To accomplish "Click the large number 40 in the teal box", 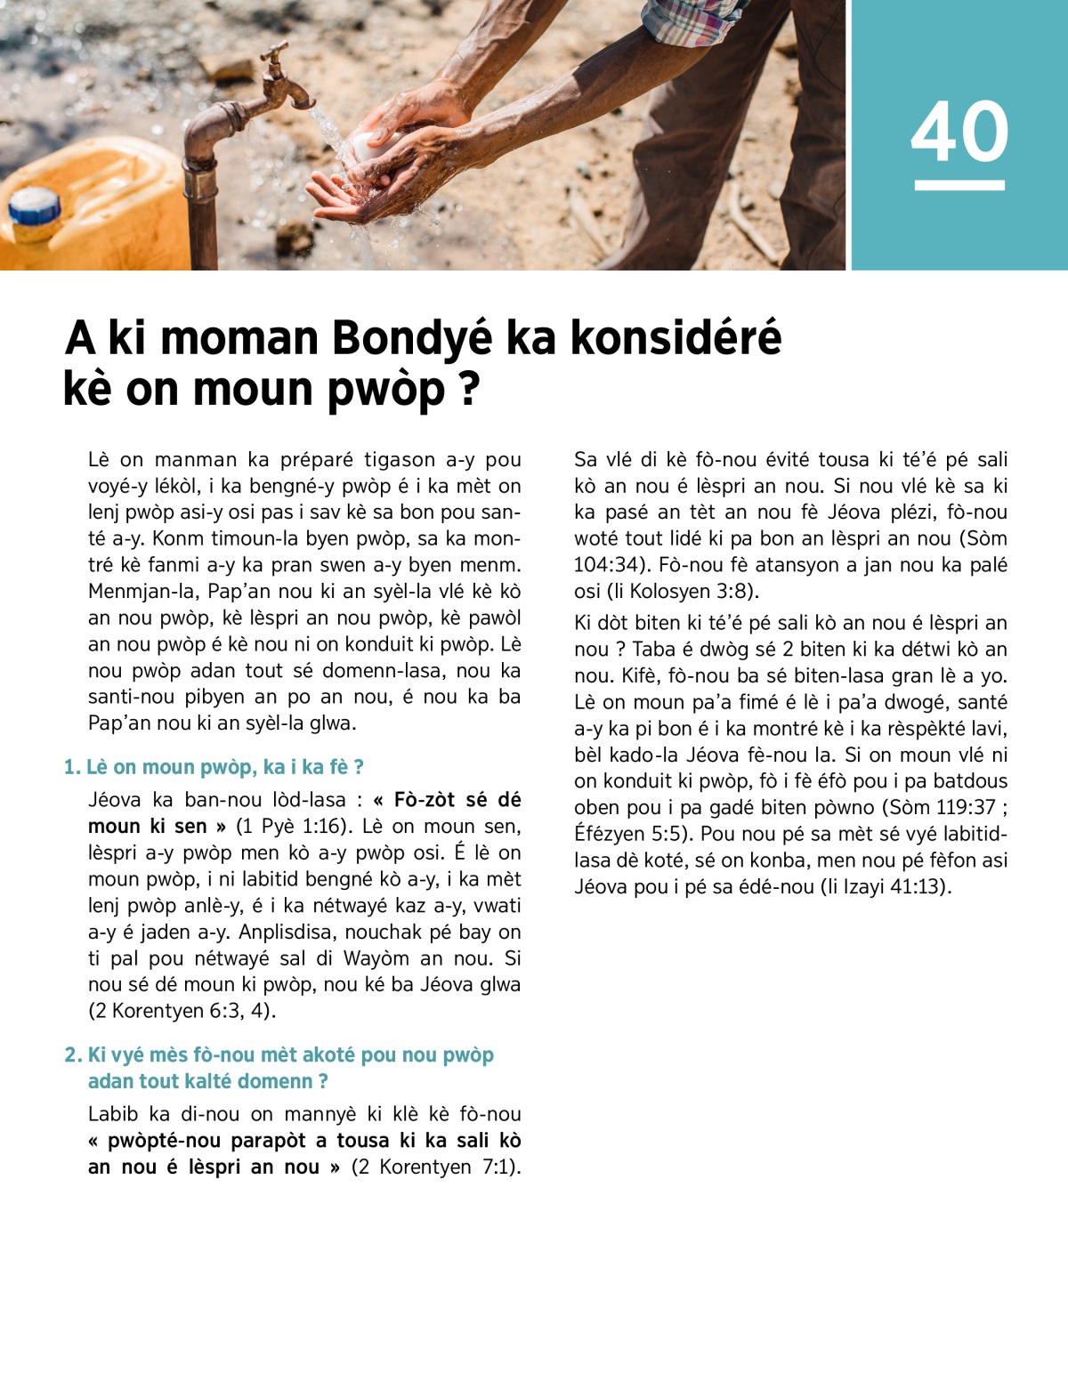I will pyautogui.click(x=959, y=132).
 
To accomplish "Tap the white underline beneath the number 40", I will pyautogui.click(x=959, y=185).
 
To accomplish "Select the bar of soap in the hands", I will pyautogui.click(x=367, y=147).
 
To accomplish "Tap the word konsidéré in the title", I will pyautogui.click(x=676, y=339).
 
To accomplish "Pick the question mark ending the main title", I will pyautogui.click(x=469, y=390).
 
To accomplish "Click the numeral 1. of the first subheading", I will pyautogui.click(x=72, y=767).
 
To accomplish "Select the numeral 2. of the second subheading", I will pyautogui.click(x=73, y=1055).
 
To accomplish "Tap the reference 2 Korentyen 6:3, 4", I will pyautogui.click(x=182, y=1011).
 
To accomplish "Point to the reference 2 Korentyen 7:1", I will pyautogui.click(x=436, y=1167).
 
